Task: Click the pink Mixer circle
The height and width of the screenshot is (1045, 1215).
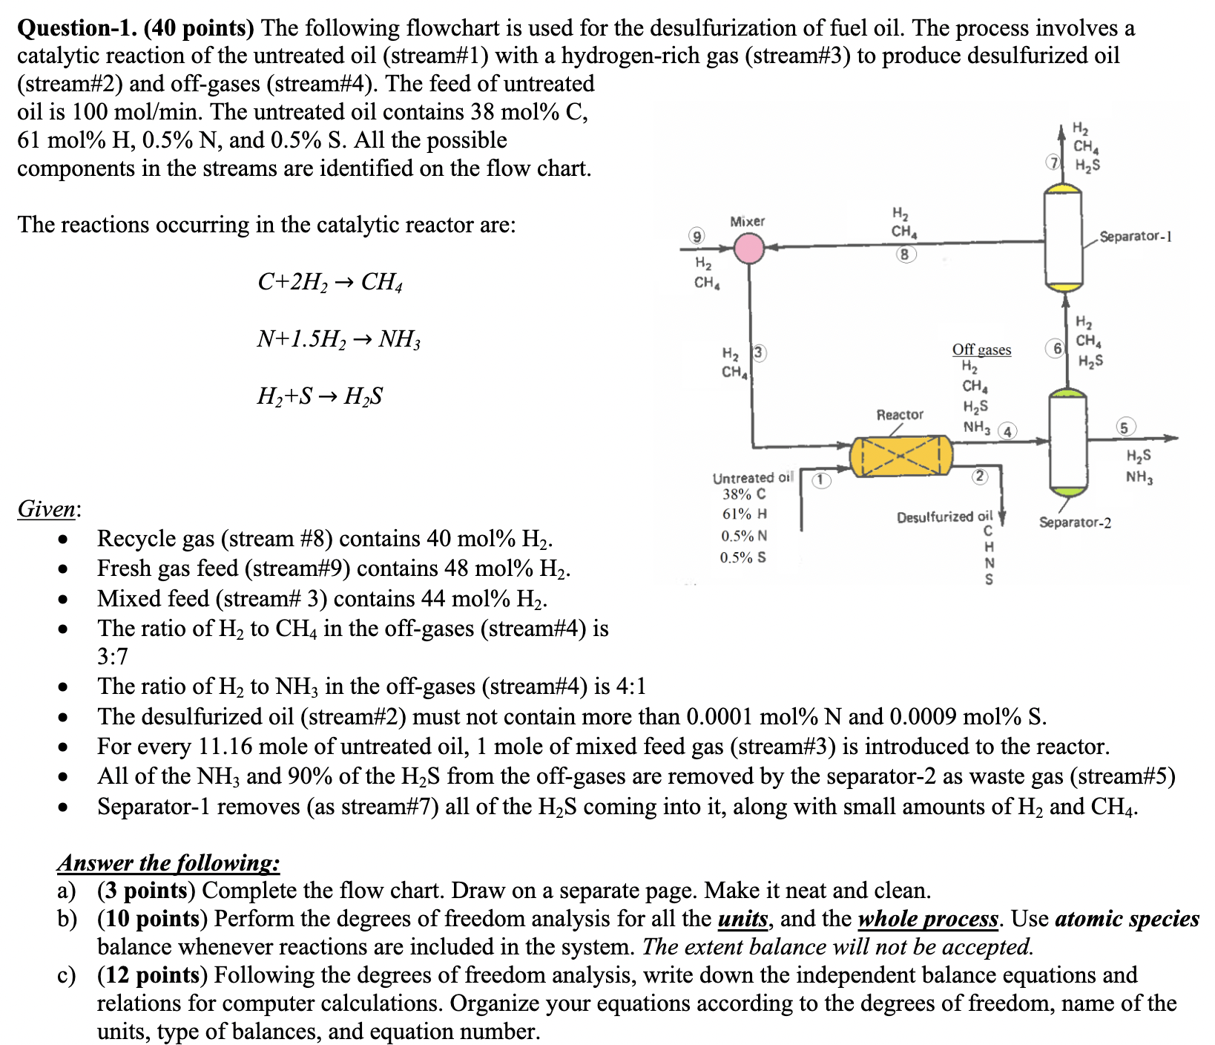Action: click(x=749, y=249)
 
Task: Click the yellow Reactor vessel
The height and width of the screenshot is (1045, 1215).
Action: click(x=900, y=456)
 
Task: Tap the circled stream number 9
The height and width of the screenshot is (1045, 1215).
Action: click(x=696, y=237)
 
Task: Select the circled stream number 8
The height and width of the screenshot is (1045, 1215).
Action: click(x=904, y=255)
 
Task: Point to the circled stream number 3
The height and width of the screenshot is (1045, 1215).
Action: click(x=758, y=353)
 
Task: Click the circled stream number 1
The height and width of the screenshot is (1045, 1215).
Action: click(x=820, y=479)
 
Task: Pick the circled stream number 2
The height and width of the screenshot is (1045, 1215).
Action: click(x=980, y=476)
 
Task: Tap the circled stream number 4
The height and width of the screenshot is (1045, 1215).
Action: click(x=1007, y=431)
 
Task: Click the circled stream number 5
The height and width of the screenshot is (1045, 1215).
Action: click(x=1125, y=427)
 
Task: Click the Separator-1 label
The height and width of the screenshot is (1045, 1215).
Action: click(x=1135, y=237)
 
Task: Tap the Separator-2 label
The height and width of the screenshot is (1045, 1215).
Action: click(x=1075, y=522)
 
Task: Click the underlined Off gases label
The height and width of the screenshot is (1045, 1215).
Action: click(x=981, y=350)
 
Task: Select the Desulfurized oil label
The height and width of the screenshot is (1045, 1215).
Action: click(x=944, y=517)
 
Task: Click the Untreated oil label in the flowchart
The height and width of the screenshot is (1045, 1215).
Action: click(x=752, y=478)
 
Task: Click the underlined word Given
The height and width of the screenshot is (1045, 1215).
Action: click(x=48, y=509)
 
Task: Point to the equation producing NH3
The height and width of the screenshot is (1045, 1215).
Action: click(x=338, y=339)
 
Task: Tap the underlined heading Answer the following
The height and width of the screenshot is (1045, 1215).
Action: click(x=168, y=862)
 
